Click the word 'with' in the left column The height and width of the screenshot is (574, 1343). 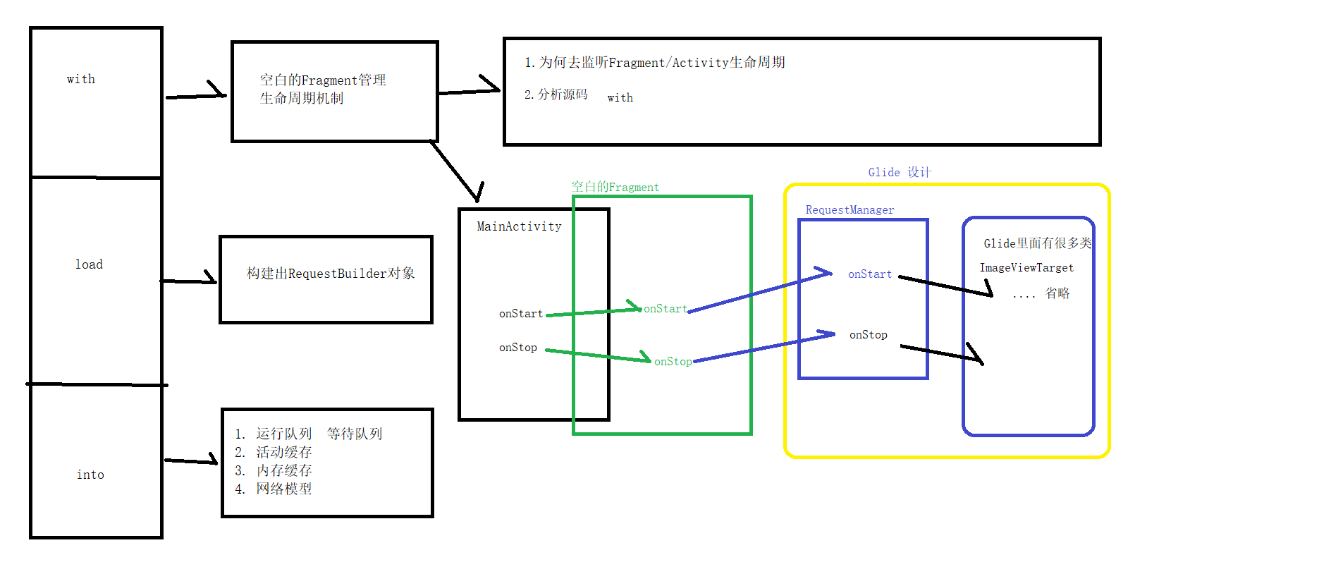pyautogui.click(x=81, y=79)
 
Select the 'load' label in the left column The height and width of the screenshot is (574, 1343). pyautogui.click(x=89, y=264)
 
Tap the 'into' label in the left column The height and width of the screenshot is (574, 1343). pyautogui.click(x=90, y=475)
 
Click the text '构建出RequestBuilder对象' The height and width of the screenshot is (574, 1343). pyautogui.click(x=331, y=274)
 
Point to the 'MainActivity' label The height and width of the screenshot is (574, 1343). pyautogui.click(x=519, y=226)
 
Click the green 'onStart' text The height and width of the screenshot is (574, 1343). pyautogui.click(x=665, y=309)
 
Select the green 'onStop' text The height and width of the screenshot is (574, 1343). pyautogui.click(x=673, y=361)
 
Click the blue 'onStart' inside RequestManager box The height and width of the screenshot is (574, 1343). pyautogui.click(x=869, y=274)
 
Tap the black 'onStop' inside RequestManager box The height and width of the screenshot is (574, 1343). pyautogui.click(x=868, y=335)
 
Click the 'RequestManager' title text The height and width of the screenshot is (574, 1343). pyautogui.click(x=850, y=210)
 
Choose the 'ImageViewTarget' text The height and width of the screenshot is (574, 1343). pyautogui.click(x=1026, y=268)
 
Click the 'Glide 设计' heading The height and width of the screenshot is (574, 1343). pyautogui.click(x=900, y=173)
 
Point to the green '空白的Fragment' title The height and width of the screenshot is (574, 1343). pyautogui.click(x=615, y=187)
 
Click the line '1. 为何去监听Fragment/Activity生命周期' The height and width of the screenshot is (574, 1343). pyautogui.click(x=654, y=63)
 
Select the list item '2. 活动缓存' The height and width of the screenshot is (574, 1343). pyautogui.click(x=274, y=452)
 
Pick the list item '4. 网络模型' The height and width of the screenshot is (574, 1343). pyautogui.click(x=274, y=489)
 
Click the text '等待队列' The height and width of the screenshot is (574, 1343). pyautogui.click(x=354, y=434)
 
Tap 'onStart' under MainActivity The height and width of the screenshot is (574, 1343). pyautogui.click(x=520, y=314)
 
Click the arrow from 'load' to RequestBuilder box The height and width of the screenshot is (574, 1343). pyautogui.click(x=189, y=281)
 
